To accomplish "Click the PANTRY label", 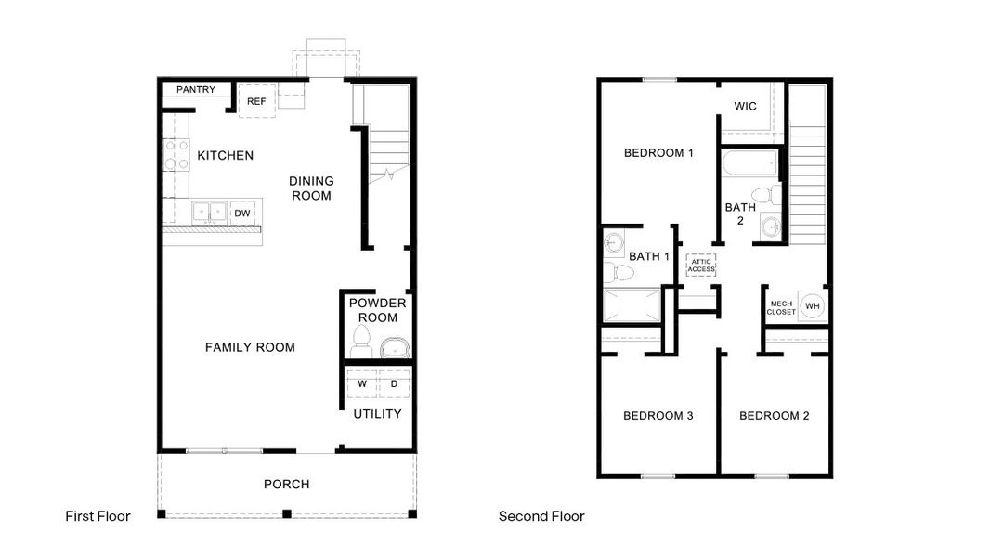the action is coord(196,89).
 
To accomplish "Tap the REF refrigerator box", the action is coord(256,101).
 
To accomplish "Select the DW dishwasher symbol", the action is coord(242,213).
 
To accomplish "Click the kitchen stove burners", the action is coord(176,155).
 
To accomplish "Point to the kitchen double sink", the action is coord(210,212).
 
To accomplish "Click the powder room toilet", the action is coord(361,342).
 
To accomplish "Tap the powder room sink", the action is coord(396,347).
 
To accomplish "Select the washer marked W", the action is coord(362,383).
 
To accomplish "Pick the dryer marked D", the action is coord(395,383).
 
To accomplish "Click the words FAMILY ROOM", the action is coord(250,347).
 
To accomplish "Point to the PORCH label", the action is coord(287,484).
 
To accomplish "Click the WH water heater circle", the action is coord(813,306).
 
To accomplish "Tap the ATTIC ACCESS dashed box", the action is coord(701,265).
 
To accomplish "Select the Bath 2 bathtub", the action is coord(750,163).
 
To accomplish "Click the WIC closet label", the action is coord(745,106).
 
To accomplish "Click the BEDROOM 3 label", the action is coord(658,416).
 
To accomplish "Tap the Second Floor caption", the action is coord(541,516).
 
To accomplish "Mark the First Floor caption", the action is coord(98,516).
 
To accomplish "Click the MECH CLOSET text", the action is coord(781,308).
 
